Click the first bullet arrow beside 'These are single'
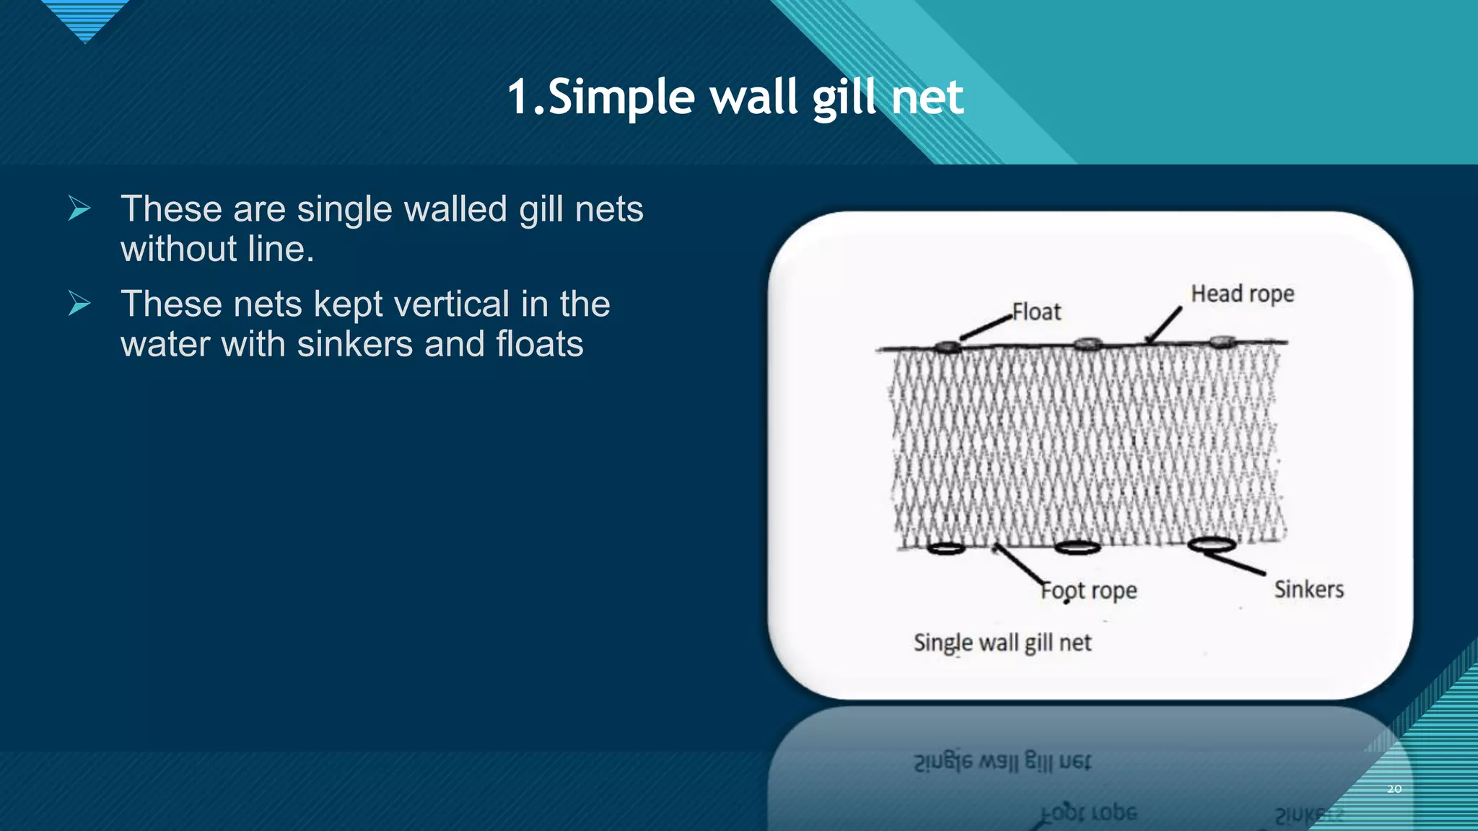(x=79, y=208)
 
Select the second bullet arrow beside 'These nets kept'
(x=79, y=304)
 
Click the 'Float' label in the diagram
(x=1036, y=312)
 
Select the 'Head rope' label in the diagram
(x=1242, y=294)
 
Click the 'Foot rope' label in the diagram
(x=1088, y=591)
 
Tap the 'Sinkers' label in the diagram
(x=1308, y=589)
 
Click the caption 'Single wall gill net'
(x=1002, y=642)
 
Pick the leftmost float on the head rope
(x=948, y=347)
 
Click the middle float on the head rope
(x=1088, y=344)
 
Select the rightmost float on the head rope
(x=1222, y=341)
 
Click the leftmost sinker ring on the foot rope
(x=946, y=548)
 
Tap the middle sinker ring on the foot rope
(x=1077, y=548)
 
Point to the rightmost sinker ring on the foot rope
(x=1212, y=544)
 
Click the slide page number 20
(x=1394, y=789)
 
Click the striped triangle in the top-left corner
(x=85, y=18)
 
